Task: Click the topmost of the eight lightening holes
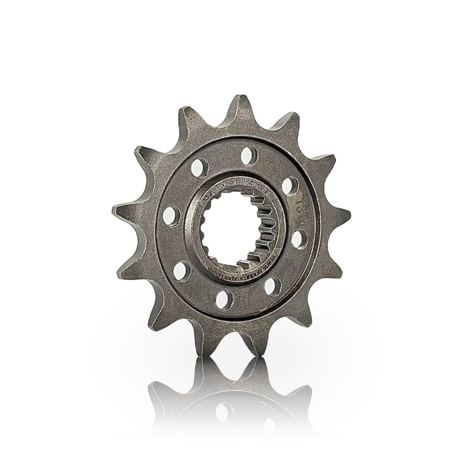tap(247, 156)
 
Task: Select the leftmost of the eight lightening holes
tap(171, 214)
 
